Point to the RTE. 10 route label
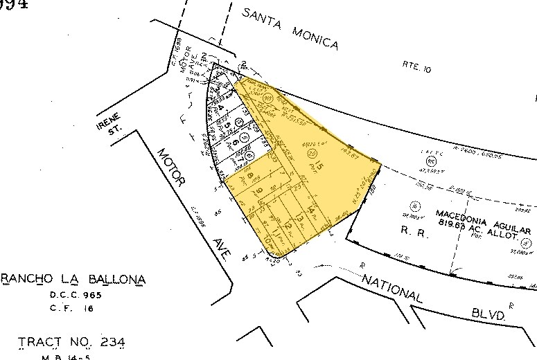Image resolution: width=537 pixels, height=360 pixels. coord(416,66)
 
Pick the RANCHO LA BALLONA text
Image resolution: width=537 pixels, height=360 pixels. coord(73,280)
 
